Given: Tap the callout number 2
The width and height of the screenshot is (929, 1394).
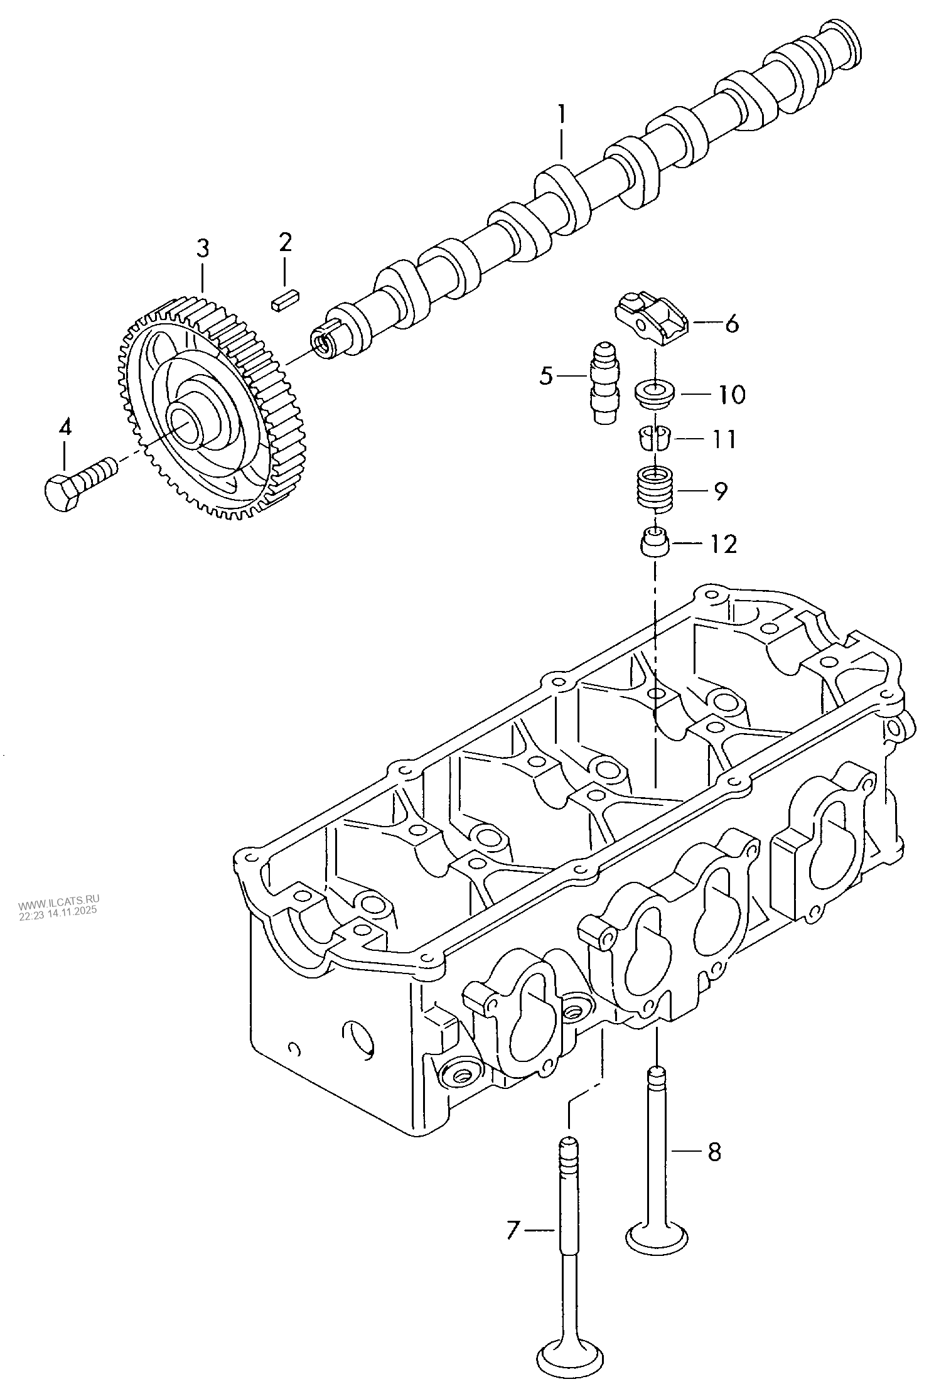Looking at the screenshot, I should pos(286,242).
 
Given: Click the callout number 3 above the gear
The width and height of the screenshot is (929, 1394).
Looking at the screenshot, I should pos(201,249).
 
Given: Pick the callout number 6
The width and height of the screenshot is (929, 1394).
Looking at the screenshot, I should pos(732,324).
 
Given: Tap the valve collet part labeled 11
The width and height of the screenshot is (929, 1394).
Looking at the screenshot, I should pos(653,437).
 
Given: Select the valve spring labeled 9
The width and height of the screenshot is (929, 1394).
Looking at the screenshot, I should pos(655,490).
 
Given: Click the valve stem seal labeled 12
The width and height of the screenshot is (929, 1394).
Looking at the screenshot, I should pos(655,542).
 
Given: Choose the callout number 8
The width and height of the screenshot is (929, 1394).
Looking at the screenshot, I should pos(714,1152).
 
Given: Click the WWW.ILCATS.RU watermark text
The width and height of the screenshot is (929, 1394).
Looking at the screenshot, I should pos(59,905).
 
